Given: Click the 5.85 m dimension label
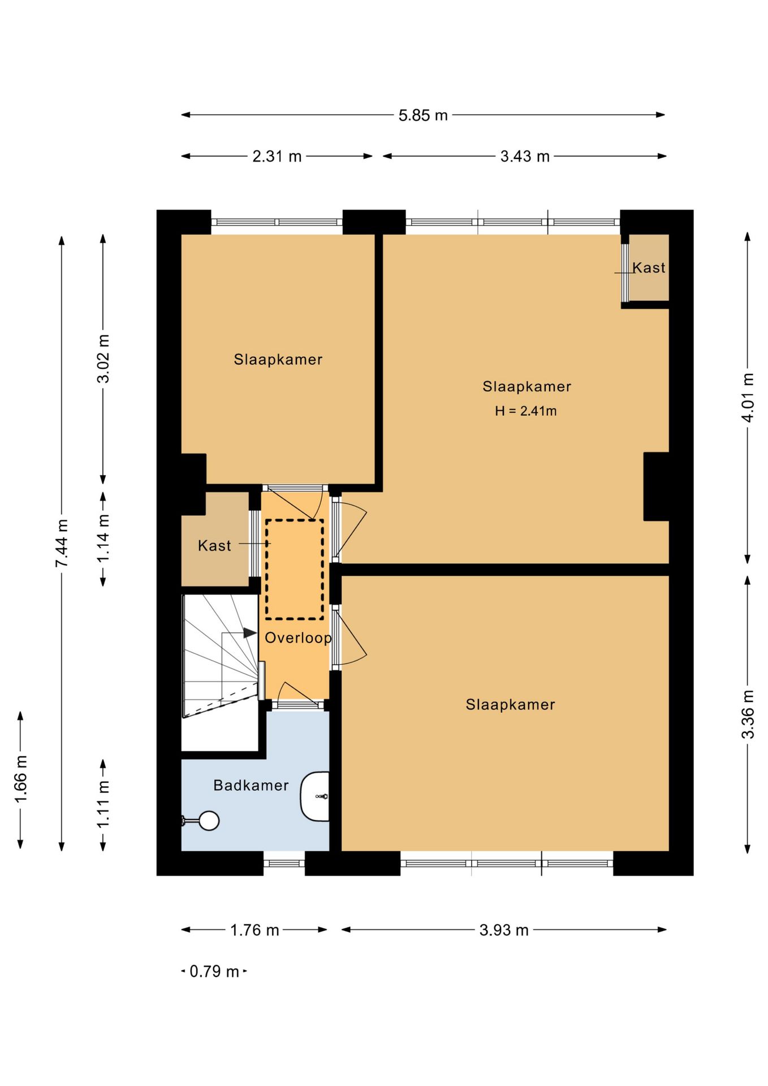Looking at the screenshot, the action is [x=423, y=115].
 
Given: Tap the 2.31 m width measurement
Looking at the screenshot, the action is [x=277, y=156].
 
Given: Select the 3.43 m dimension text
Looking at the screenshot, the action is [x=525, y=156].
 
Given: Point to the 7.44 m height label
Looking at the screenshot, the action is [x=62, y=543].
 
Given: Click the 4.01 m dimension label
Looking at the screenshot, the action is [x=748, y=398].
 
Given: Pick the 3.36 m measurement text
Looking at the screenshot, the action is [x=748, y=714].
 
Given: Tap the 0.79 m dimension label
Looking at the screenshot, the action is [x=214, y=972].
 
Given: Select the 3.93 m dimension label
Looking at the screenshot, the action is [x=504, y=930].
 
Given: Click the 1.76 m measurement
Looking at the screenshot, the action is [x=254, y=930].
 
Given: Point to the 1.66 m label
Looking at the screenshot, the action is [x=20, y=779].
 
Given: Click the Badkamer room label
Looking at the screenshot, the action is [x=251, y=785].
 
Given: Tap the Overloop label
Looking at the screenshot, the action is [x=298, y=638].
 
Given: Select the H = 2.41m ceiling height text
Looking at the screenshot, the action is [x=526, y=411].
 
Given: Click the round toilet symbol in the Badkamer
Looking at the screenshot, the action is [x=209, y=821].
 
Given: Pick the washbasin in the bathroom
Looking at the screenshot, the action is [x=315, y=796].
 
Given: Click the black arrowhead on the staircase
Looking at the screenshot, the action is [x=250, y=633].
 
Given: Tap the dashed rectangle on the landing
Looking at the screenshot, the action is [x=295, y=570].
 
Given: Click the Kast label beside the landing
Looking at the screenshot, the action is [x=214, y=546].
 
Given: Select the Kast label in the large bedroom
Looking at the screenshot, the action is [x=649, y=268].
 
